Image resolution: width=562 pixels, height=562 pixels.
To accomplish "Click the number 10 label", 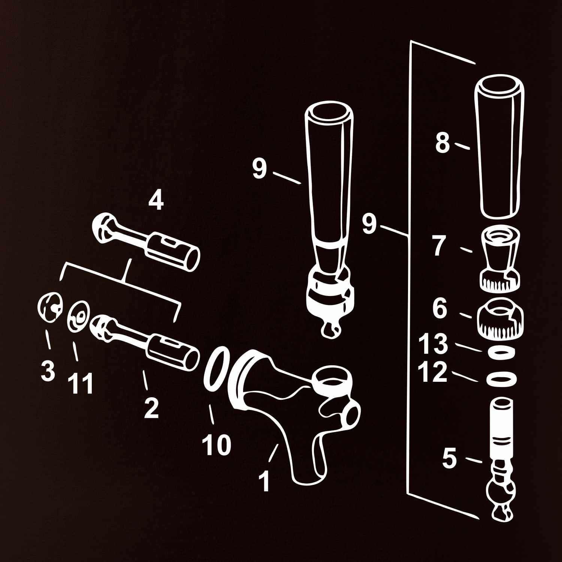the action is point(217,445).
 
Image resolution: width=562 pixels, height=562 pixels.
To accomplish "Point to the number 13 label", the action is point(433,344).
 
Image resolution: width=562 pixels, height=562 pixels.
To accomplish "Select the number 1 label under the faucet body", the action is point(265,481).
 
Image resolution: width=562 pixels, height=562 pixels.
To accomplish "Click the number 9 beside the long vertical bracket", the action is point(369,224).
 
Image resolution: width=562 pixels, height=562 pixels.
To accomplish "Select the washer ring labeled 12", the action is point(501,379).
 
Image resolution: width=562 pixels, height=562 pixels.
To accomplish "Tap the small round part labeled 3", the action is point(50,307).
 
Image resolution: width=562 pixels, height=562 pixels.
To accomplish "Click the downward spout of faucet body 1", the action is point(307,459).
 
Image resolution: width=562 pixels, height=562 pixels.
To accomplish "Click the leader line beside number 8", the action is point(462,145).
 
